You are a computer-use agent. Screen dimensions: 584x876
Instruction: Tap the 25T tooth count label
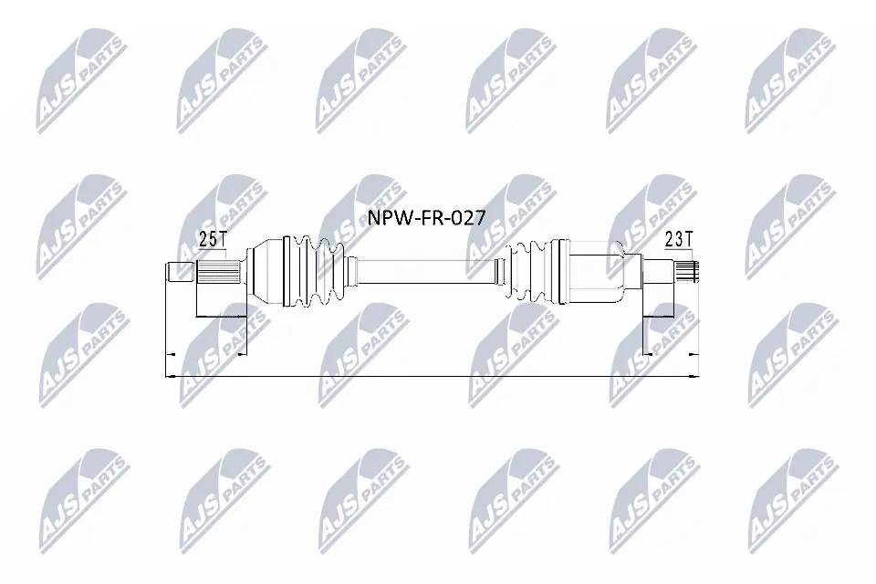point(212,241)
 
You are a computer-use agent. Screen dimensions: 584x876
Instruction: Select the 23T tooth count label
point(679,241)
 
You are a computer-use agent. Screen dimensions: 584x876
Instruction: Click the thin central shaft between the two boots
point(424,271)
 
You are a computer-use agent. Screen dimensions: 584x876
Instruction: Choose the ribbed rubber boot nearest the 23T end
point(531,271)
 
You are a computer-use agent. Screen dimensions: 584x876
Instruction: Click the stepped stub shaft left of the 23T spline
point(659,271)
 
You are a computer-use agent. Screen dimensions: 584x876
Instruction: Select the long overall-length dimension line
point(429,374)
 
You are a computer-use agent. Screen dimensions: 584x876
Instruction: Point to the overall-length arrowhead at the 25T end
point(168,374)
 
